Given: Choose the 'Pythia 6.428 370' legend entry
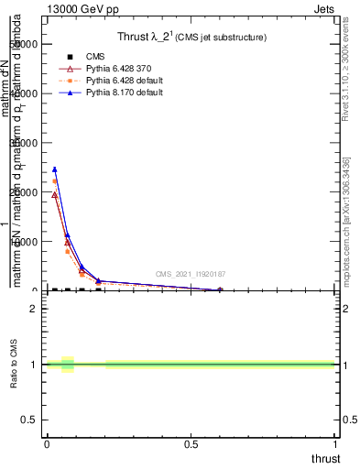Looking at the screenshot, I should pos(103,69).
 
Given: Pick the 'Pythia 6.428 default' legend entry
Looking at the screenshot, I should pos(108,81).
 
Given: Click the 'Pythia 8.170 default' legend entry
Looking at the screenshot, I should pos(108,93).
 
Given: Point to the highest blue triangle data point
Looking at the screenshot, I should pos(55,169).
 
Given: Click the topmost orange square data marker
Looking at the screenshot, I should pos(55,181).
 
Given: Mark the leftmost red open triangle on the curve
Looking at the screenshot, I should pos(55,194).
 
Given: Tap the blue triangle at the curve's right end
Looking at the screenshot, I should pos(220,289).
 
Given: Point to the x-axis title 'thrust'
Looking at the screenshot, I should pos(324,458).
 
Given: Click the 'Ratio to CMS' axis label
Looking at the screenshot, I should pos(14,364).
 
